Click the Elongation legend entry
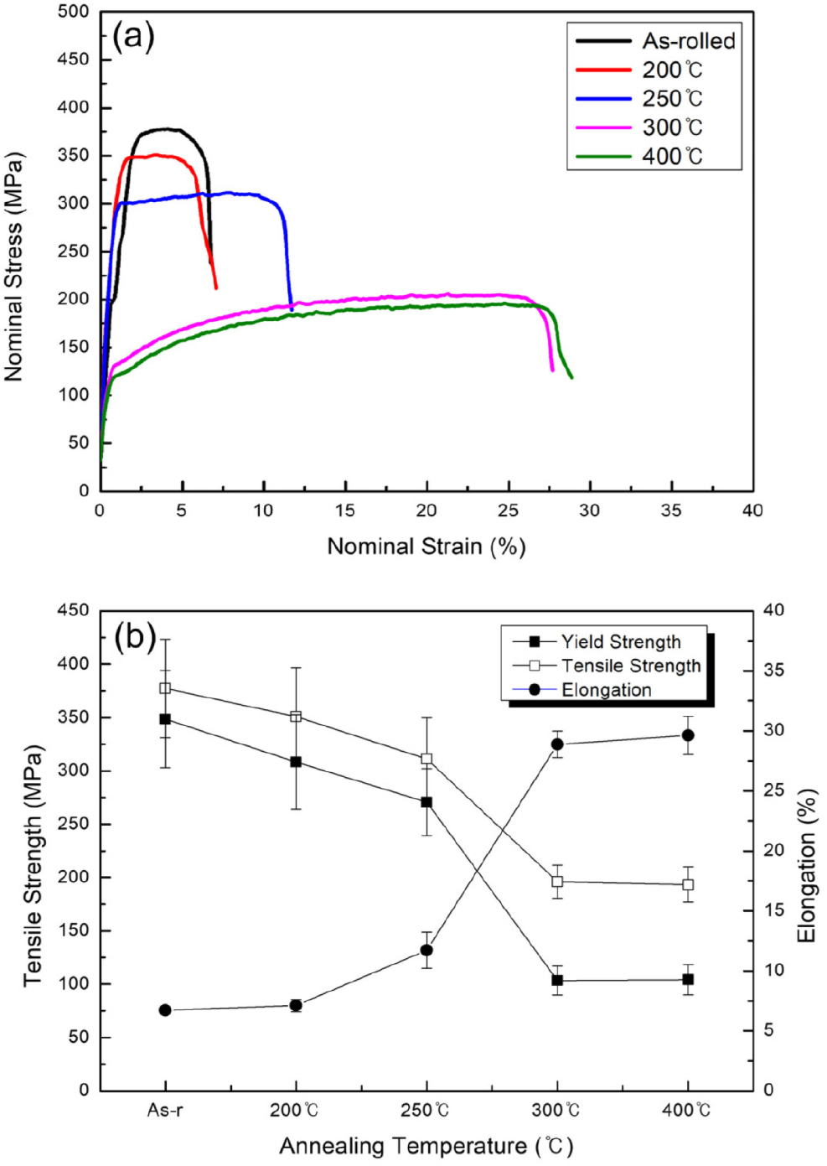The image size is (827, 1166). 606,690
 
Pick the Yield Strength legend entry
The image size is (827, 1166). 620,642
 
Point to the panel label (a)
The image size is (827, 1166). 133,36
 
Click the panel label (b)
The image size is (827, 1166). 135,638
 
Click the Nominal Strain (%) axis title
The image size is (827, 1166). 426,547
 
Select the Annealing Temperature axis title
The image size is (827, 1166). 426,1146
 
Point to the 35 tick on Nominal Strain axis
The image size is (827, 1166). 671,510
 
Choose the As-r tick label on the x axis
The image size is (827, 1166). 165,1111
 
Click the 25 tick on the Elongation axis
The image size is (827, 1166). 773,790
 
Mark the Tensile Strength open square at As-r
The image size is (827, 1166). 165,688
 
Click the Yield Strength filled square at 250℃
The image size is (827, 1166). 426,802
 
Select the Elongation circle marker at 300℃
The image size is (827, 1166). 557,744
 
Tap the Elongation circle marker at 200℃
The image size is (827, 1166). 296,1005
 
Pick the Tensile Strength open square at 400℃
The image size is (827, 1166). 688,884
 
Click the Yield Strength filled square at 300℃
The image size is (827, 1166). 557,980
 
